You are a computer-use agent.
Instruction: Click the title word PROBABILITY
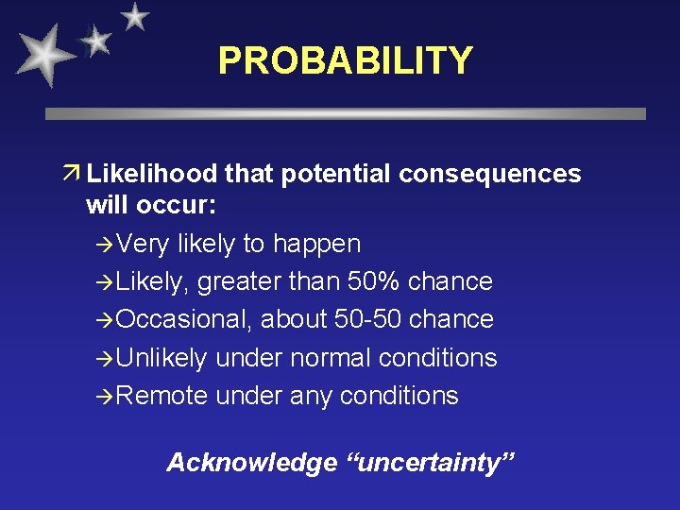click(x=345, y=60)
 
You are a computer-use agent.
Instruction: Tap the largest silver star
click(x=43, y=56)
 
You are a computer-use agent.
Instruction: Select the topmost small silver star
click(x=136, y=16)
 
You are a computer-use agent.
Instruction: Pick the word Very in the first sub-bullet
click(x=143, y=244)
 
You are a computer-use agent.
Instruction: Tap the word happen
click(x=316, y=245)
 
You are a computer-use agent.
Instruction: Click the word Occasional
click(x=184, y=319)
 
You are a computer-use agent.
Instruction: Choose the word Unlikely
click(x=161, y=358)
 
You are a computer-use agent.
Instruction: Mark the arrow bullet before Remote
click(x=106, y=397)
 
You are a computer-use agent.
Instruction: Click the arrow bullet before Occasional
click(x=106, y=320)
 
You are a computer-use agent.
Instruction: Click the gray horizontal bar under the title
click(x=346, y=113)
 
